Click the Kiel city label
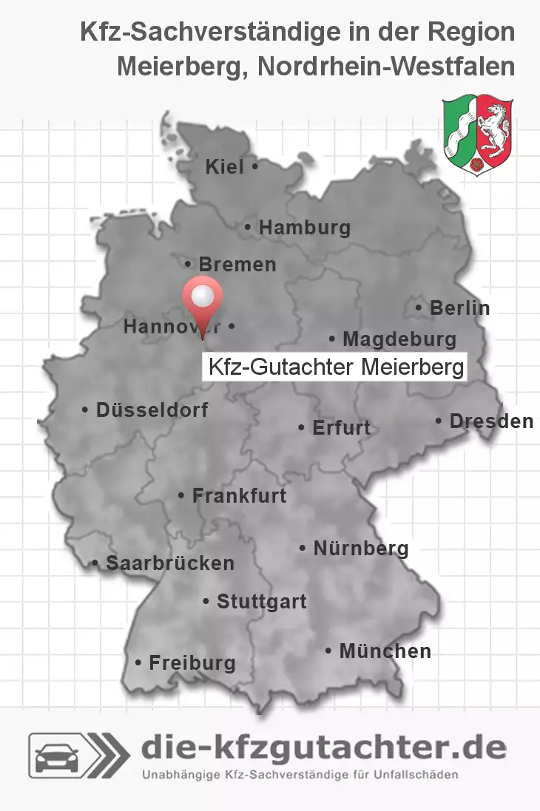click(x=225, y=168)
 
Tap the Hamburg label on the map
click(x=303, y=228)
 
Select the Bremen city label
click(x=237, y=265)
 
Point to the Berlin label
click(x=459, y=308)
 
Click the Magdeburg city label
click(x=399, y=340)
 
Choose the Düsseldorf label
click(x=152, y=410)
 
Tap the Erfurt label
click(x=341, y=428)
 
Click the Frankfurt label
click(x=238, y=496)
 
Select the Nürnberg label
click(x=360, y=549)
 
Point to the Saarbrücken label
click(x=169, y=563)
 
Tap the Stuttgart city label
click(x=261, y=602)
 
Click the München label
click(x=385, y=651)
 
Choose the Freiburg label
click(x=192, y=663)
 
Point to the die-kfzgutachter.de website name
click(x=323, y=749)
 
